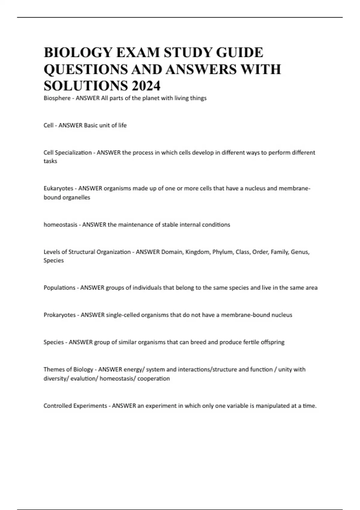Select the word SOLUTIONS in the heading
point(85,86)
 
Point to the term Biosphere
point(57,98)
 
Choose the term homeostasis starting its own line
point(60,225)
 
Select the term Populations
point(59,288)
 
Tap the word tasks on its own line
point(50,161)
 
